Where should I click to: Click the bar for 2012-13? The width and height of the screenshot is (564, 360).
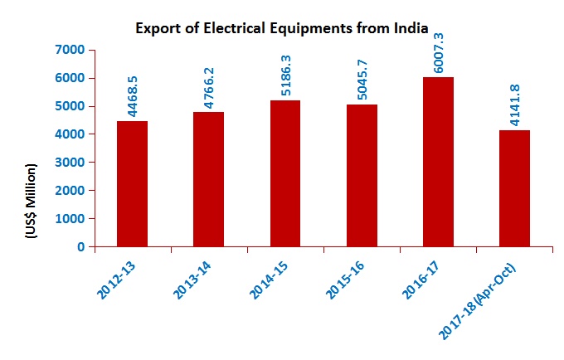pyautogui.click(x=132, y=184)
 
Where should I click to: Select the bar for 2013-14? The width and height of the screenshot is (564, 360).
pyautogui.click(x=208, y=179)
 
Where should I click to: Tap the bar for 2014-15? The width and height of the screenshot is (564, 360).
pyautogui.click(x=285, y=173)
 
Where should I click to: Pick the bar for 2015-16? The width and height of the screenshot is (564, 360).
pyautogui.click(x=362, y=176)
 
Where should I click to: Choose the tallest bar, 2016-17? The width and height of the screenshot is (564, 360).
pyautogui.click(x=438, y=162)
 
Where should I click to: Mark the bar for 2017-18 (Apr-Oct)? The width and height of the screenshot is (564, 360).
pyautogui.click(x=514, y=188)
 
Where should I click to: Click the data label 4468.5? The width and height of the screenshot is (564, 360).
pyautogui.click(x=133, y=96)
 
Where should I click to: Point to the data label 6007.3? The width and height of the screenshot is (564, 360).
pyautogui.click(x=439, y=53)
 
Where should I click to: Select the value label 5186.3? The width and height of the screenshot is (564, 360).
pyautogui.click(x=285, y=75)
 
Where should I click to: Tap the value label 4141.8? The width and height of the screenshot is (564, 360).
pyautogui.click(x=515, y=105)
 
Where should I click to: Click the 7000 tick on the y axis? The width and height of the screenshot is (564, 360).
pyautogui.click(x=70, y=50)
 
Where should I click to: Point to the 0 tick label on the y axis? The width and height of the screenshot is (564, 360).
pyautogui.click(x=81, y=246)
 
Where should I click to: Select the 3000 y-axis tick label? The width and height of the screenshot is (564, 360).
pyautogui.click(x=70, y=163)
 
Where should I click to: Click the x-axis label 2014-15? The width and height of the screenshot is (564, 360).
pyautogui.click(x=269, y=280)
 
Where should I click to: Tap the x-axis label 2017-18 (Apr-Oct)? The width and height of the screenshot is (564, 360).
pyautogui.click(x=477, y=302)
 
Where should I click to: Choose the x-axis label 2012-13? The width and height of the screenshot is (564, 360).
pyautogui.click(x=116, y=280)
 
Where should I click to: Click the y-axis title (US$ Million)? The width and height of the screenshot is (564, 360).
pyautogui.click(x=32, y=201)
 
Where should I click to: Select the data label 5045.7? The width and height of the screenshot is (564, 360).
pyautogui.click(x=362, y=80)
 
